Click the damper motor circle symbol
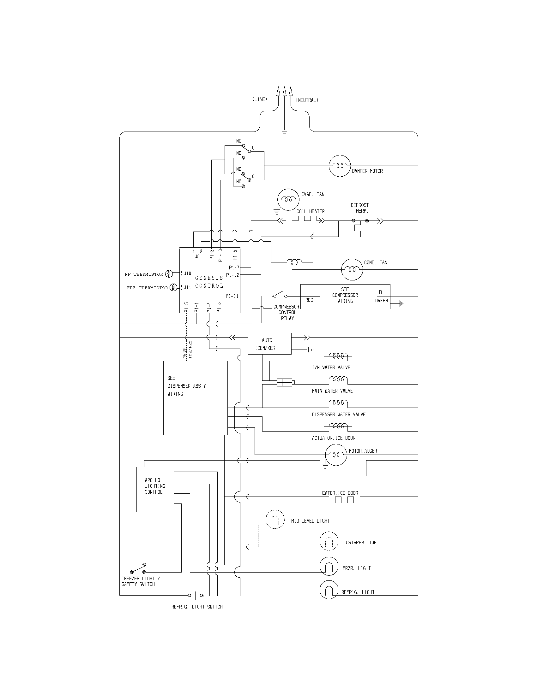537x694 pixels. click(340, 166)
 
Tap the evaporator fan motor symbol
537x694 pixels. click(288, 200)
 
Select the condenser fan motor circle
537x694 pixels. click(352, 269)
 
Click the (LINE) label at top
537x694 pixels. click(260, 99)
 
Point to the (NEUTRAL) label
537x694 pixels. click(307, 100)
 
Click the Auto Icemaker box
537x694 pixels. click(269, 344)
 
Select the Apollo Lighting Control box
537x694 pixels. click(155, 489)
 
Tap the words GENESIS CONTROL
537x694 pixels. click(209, 282)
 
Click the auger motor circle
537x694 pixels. click(335, 455)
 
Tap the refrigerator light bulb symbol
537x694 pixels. click(329, 590)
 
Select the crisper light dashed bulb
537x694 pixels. click(329, 540)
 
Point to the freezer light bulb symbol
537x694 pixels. click(329, 566)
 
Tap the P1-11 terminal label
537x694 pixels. click(232, 296)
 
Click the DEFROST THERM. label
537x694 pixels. click(359, 208)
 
